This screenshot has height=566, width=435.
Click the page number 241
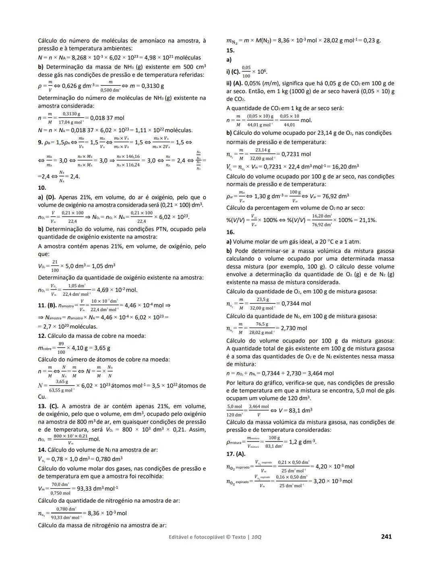tap(386, 537)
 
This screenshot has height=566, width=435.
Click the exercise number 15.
tap(230, 51)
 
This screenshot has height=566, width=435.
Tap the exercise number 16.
tap(230, 232)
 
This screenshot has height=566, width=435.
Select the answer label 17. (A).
tap(236, 454)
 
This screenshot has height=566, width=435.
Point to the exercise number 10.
tap(42, 188)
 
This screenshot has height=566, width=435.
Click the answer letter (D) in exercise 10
tap(51, 197)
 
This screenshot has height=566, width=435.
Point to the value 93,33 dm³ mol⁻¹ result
tap(97, 489)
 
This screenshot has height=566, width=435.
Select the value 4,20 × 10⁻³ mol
tap(335, 466)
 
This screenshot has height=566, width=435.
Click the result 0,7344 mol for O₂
tap(296, 304)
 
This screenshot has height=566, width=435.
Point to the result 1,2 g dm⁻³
tap(299, 442)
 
